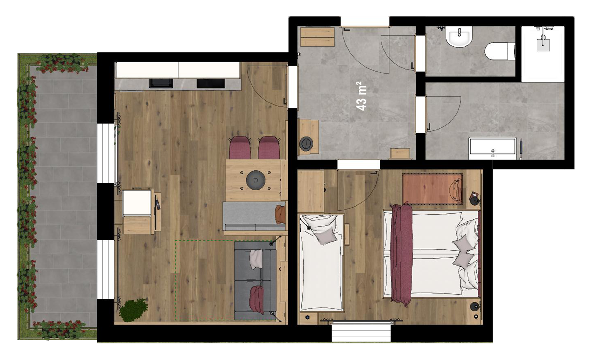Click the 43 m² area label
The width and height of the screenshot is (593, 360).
[x=362, y=96]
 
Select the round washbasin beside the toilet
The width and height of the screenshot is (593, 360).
[x=459, y=37]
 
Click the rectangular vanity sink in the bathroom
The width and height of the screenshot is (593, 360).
[x=493, y=148]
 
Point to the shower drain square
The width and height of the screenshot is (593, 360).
[x=543, y=45]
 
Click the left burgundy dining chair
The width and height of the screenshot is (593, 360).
[x=240, y=147]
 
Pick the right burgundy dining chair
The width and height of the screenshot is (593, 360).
[x=269, y=147]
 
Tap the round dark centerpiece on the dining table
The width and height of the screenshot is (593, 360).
[x=256, y=180]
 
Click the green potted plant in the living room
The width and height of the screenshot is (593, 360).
[x=133, y=310]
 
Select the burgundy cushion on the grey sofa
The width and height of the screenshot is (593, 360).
[x=256, y=299]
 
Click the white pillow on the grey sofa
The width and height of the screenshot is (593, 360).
[x=256, y=259]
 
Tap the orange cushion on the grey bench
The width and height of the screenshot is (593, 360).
[x=281, y=214]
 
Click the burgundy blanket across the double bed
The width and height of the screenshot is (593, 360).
[x=402, y=254]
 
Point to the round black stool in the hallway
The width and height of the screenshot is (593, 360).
[x=306, y=144]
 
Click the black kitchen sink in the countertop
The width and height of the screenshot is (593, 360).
[x=161, y=83]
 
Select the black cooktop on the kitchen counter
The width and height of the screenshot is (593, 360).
[x=211, y=83]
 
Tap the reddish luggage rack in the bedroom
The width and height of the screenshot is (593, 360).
[x=432, y=189]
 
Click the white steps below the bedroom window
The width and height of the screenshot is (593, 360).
[x=361, y=333]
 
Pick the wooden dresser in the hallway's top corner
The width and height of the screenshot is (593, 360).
[x=317, y=37]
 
